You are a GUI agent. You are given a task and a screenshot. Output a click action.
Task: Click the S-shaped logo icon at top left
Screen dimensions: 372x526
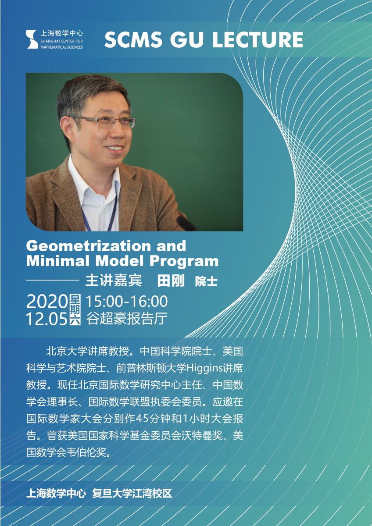pyautogui.click(x=32, y=39)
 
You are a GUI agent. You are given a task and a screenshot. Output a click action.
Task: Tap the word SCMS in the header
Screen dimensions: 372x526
pyautogui.click(x=133, y=39)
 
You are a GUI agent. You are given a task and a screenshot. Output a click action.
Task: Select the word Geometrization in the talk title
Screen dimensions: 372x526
pyautogui.click(x=88, y=246)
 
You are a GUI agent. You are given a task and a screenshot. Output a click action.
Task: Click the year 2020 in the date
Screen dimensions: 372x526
pyautogui.click(x=47, y=302)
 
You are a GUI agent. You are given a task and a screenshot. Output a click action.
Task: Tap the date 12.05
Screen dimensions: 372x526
pyautogui.click(x=47, y=319)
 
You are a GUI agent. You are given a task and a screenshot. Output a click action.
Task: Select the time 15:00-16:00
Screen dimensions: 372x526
pyautogui.click(x=127, y=301)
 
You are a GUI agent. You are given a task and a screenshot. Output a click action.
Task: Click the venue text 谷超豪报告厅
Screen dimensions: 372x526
pyautogui.click(x=127, y=318)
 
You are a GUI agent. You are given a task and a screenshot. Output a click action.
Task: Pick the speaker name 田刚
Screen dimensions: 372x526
pyautogui.click(x=171, y=281)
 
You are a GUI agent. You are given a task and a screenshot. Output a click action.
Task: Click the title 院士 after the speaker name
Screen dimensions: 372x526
pyautogui.click(x=206, y=281)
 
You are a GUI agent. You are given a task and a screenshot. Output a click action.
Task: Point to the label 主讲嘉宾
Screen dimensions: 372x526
pyautogui.click(x=113, y=281)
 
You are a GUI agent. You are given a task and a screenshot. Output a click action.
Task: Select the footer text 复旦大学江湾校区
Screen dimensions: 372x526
pyautogui.click(x=132, y=487)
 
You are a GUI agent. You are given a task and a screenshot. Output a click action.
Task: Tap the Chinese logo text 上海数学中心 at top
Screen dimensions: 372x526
pyautogui.click(x=62, y=33)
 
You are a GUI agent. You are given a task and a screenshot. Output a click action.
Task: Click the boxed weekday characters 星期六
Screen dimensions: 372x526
pyautogui.click(x=75, y=310)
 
